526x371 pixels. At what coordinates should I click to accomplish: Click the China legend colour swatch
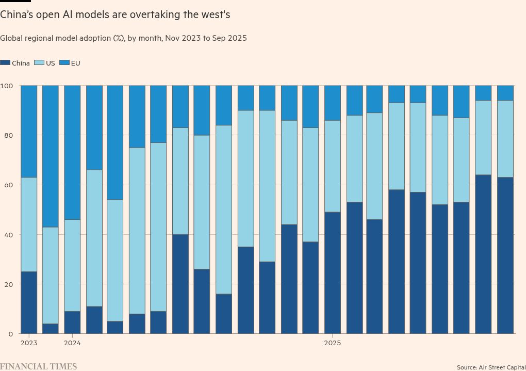pyautogui.click(x=5, y=63)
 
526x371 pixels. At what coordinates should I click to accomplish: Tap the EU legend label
pyautogui.click(x=75, y=63)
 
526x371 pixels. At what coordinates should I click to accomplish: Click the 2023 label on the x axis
pyautogui.click(x=28, y=343)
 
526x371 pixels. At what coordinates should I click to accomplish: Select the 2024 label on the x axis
pyautogui.click(x=72, y=343)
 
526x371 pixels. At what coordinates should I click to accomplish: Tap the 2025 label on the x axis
pyautogui.click(x=333, y=343)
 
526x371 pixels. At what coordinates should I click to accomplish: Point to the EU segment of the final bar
pyautogui.click(x=505, y=93)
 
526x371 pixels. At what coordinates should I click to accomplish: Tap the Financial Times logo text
pyautogui.click(x=38, y=366)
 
